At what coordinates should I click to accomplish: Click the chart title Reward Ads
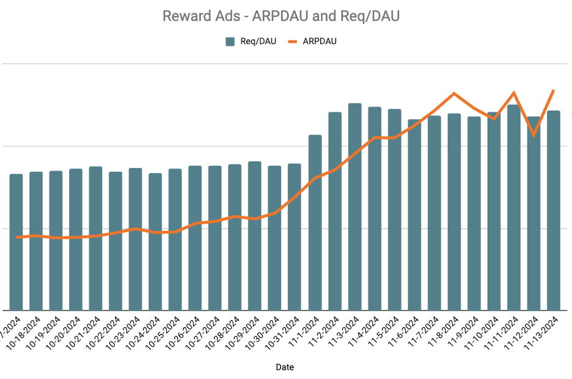[280, 16]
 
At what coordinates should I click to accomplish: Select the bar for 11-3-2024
[354, 208]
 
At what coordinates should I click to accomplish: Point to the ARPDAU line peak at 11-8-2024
[454, 94]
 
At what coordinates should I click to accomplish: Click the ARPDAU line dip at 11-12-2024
[534, 135]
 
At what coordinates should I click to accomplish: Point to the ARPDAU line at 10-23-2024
[136, 229]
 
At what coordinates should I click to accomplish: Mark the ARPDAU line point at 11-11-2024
[514, 93]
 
